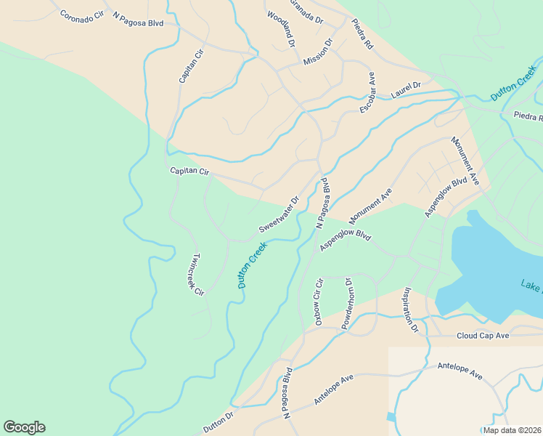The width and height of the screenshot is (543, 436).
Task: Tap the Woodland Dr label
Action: pyautogui.click(x=281, y=29)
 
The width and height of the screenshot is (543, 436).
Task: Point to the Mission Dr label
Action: pyautogui.click(x=318, y=52)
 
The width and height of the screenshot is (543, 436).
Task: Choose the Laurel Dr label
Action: pyautogui.click(x=406, y=89)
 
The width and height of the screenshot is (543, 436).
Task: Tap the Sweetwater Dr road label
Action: pyautogui.click(x=279, y=214)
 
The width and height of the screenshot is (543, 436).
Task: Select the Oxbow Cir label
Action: pyautogui.click(x=317, y=301)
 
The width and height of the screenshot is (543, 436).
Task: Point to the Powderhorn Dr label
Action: pyautogui.click(x=347, y=304)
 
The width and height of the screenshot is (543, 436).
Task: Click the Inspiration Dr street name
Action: pyautogui.click(x=411, y=310)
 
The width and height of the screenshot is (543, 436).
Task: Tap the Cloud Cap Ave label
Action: pyautogui.click(x=483, y=336)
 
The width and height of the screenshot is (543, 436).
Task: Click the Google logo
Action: pyautogui.click(x=24, y=427)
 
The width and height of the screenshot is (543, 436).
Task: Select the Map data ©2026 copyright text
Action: pyautogui.click(x=512, y=430)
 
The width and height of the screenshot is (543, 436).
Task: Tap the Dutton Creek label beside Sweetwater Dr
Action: pyautogui.click(x=253, y=265)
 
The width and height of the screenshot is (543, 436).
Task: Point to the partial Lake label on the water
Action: pyautogui.click(x=531, y=286)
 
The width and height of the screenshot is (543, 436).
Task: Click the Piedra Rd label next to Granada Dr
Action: pyautogui.click(x=362, y=33)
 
